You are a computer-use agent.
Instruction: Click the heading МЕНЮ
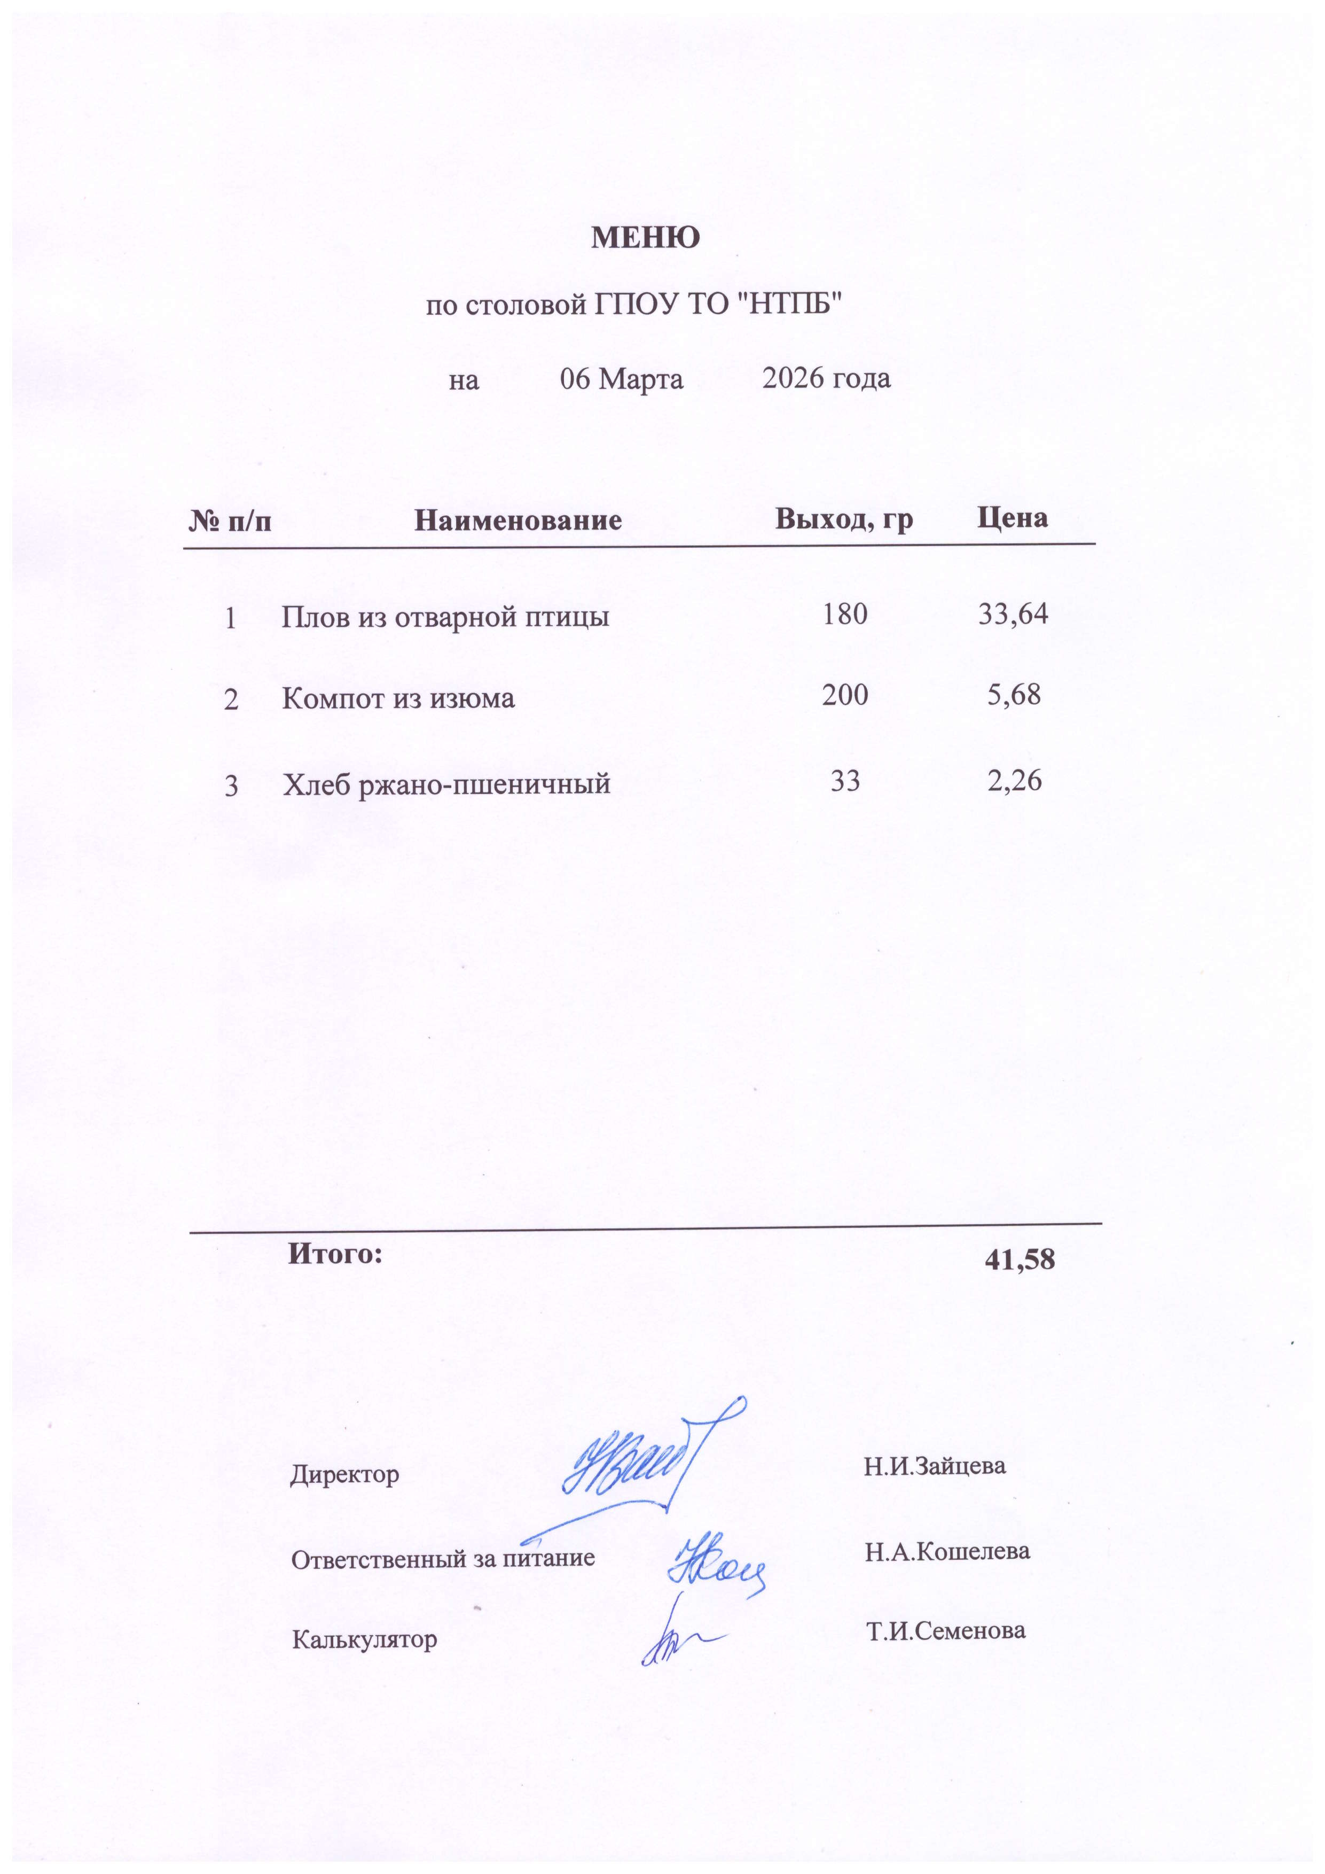coord(645,237)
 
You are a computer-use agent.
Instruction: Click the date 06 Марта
coord(621,379)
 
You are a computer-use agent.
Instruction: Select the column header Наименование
coord(518,520)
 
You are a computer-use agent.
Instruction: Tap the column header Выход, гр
coord(844,519)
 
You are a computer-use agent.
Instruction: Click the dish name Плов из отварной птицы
coord(445,617)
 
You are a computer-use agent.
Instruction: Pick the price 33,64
coord(1013,614)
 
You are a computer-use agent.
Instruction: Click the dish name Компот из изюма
coord(398,698)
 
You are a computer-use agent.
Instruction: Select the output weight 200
coord(845,695)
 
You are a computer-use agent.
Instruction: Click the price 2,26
coord(1015,781)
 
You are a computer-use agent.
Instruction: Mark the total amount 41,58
coord(1020,1260)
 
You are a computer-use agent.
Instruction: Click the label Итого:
coord(335,1253)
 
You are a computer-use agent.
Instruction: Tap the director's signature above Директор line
coord(637,1469)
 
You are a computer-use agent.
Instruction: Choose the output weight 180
coord(845,614)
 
